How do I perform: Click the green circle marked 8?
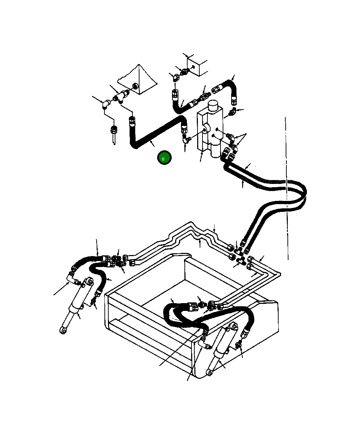(164, 158)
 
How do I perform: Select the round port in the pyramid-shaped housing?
(135, 86)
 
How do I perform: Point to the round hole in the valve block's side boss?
(205, 131)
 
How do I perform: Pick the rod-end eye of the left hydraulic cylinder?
(63, 330)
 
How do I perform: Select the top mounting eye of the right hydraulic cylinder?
(233, 326)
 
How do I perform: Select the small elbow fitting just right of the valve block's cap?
(232, 112)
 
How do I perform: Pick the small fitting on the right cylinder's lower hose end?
(239, 342)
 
